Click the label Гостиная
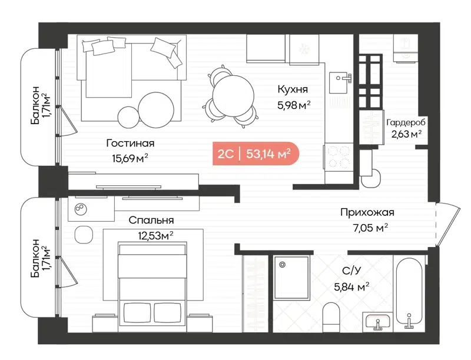(130, 143)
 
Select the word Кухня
(293, 89)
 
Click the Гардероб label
(406, 122)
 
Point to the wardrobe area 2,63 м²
(406, 134)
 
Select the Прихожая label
(366, 213)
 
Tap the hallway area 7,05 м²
(366, 228)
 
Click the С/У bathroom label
(351, 272)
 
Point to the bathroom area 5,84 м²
(351, 286)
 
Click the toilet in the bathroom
(331, 315)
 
